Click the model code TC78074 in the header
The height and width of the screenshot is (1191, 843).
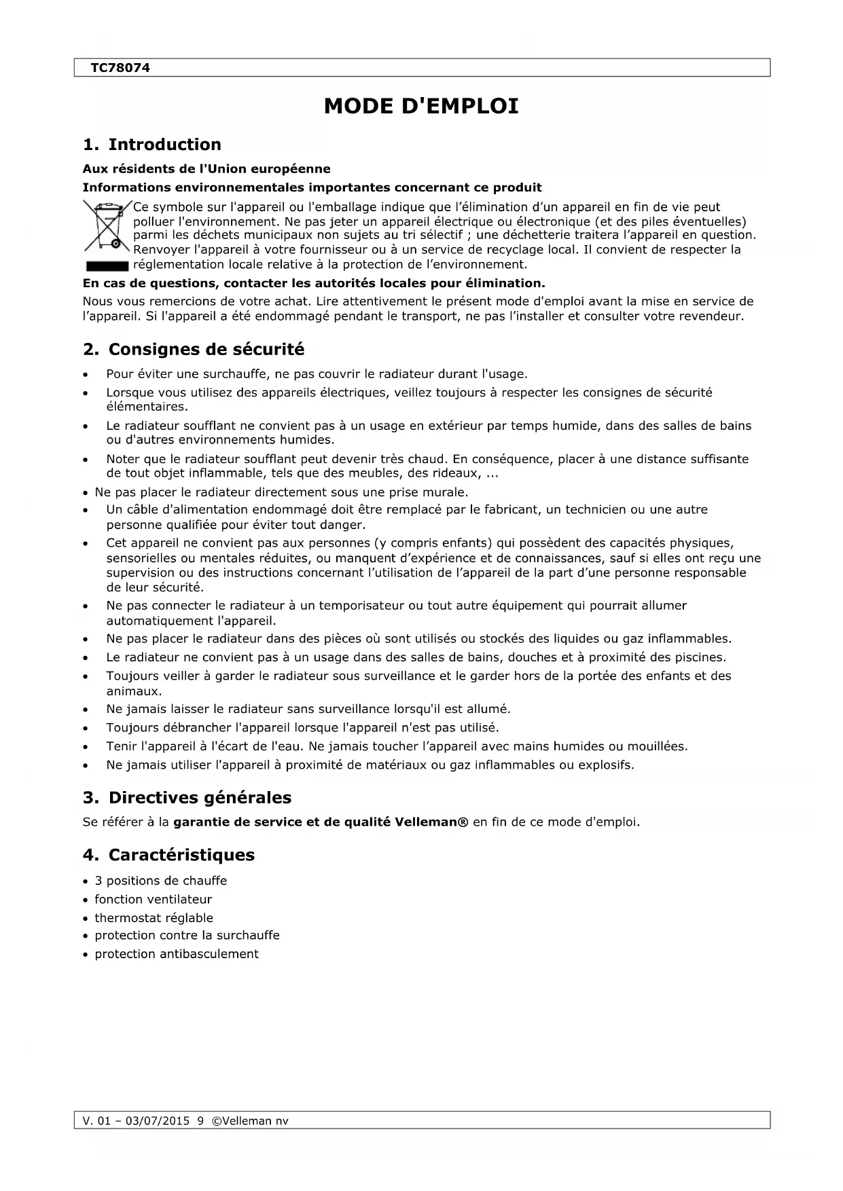click(x=120, y=68)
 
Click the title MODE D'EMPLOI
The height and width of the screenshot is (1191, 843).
click(x=421, y=107)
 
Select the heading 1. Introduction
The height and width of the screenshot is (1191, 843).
click(x=151, y=145)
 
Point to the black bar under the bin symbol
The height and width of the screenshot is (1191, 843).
click(x=107, y=265)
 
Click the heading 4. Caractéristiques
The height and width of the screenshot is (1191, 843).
click(x=168, y=855)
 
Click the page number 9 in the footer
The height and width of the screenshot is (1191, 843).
click(x=200, y=1121)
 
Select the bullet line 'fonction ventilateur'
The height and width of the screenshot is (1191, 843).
click(x=153, y=900)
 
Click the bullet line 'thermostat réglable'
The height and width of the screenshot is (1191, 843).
click(x=154, y=918)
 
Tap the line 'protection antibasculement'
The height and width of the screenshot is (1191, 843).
click(x=176, y=954)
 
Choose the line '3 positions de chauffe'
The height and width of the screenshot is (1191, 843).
click(x=160, y=881)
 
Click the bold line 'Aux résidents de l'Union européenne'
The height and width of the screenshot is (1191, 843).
click(x=207, y=169)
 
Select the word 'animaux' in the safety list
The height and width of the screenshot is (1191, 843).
click(x=133, y=691)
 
